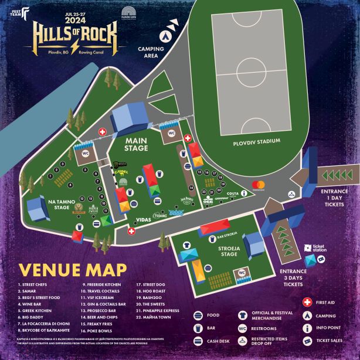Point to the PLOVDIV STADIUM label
click(256, 141)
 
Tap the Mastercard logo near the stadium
click(259, 185)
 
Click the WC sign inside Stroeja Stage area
click(241, 272)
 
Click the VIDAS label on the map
click(144, 219)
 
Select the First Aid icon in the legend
click(306, 302)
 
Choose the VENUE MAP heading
click(73, 269)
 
